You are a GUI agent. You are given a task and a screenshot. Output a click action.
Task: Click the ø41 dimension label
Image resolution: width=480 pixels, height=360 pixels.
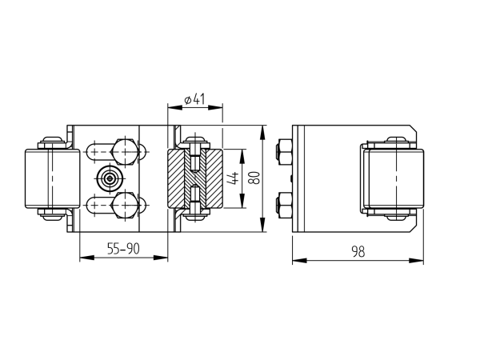194,100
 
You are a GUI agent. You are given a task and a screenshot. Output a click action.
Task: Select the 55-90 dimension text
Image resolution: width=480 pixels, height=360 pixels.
123,249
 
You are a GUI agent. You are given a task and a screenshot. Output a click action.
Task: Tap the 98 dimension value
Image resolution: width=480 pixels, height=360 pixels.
358,251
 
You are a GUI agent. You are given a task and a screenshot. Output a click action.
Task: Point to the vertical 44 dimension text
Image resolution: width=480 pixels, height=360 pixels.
234,178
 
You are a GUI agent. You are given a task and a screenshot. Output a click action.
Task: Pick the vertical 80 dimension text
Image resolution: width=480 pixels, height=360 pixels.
254,178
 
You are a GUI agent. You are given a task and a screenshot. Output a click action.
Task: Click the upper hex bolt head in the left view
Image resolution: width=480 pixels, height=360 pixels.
124,152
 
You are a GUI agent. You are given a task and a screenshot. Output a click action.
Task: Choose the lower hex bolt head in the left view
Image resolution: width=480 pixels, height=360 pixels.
124,205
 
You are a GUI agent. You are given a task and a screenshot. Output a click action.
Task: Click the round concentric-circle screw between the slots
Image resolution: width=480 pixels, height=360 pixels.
110,178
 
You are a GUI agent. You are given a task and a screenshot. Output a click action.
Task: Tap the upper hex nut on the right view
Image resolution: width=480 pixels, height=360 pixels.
284,153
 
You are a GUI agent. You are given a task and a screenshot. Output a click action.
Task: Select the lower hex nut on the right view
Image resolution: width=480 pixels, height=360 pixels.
284,206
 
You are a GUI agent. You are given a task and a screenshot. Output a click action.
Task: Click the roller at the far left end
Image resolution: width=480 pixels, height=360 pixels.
52,178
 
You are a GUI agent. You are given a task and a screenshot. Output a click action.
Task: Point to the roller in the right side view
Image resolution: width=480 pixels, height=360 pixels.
396,179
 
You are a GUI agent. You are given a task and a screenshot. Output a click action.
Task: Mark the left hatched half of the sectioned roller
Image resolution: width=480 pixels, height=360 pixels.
177,178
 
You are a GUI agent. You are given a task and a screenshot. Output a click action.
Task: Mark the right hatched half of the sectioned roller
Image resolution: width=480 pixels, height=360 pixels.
214,178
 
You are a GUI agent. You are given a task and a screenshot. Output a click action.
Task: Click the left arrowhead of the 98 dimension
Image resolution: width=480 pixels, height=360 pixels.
299,261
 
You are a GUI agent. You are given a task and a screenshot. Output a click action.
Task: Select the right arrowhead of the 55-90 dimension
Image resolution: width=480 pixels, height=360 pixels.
161,258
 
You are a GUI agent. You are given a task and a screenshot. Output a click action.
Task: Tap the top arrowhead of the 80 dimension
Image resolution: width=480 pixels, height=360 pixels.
262,133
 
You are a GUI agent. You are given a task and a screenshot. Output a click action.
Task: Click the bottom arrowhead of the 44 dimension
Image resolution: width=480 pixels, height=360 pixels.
242,201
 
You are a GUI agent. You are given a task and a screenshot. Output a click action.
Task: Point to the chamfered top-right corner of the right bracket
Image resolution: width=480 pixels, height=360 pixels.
413,129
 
